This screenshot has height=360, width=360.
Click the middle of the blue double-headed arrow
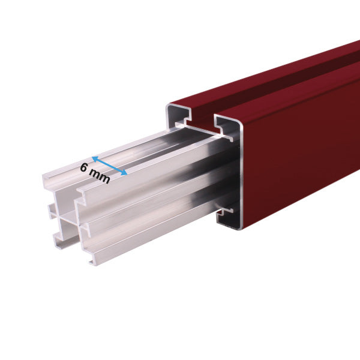109,166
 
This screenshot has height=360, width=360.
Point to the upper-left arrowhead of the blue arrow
94,159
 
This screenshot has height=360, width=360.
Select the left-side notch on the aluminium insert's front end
52,210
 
